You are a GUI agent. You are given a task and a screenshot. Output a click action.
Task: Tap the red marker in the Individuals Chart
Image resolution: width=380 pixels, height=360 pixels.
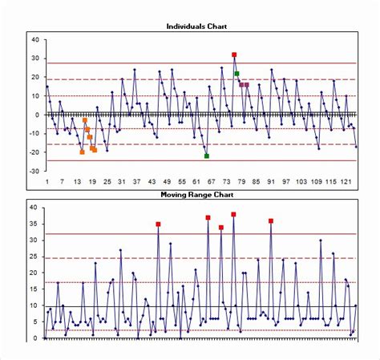pos(234,55)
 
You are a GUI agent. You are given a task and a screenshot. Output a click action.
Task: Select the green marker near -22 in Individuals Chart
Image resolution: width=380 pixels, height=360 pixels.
pos(207,156)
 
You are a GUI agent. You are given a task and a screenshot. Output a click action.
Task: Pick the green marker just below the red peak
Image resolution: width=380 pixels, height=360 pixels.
pos(237,74)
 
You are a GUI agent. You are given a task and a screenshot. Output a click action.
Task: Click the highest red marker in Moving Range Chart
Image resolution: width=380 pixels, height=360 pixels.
pos(233,214)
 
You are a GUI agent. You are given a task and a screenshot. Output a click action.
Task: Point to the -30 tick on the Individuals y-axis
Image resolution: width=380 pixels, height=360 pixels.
pos(34,171)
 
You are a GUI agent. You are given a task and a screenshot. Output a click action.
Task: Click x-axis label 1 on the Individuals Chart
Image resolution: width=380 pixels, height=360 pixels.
pos(47,182)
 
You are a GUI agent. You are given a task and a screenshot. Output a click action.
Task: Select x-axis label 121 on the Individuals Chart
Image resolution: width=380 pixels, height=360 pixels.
pos(346,182)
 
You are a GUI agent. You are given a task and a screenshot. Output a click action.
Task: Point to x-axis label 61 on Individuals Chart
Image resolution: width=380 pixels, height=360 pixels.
pos(196,182)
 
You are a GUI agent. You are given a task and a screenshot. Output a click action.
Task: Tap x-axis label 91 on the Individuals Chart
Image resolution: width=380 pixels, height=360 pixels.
pos(271,182)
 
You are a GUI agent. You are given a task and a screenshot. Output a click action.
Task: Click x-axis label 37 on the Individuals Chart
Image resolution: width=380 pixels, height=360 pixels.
pos(136,182)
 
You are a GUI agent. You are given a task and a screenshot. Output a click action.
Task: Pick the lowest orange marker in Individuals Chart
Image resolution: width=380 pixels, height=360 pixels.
pos(82,152)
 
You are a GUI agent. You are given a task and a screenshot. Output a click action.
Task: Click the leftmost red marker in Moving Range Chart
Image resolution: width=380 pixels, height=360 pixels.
pos(158,224)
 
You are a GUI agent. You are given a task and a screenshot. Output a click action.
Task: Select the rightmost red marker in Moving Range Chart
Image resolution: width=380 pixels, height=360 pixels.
pos(271,220)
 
